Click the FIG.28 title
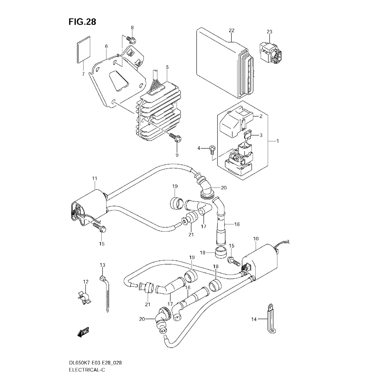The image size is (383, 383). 82,22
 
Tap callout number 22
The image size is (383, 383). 232,30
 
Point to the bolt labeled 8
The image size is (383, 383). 131,39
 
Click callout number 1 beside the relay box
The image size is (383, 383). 278,141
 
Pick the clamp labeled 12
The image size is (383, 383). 83,298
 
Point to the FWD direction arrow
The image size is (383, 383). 83,332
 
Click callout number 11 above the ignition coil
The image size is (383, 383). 95,179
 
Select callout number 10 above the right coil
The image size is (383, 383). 256,238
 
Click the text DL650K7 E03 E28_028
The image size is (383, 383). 95,363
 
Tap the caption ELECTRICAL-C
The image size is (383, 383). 87,370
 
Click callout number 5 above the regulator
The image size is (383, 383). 167,67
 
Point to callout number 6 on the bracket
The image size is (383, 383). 106,46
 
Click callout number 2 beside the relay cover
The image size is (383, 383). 261,116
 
